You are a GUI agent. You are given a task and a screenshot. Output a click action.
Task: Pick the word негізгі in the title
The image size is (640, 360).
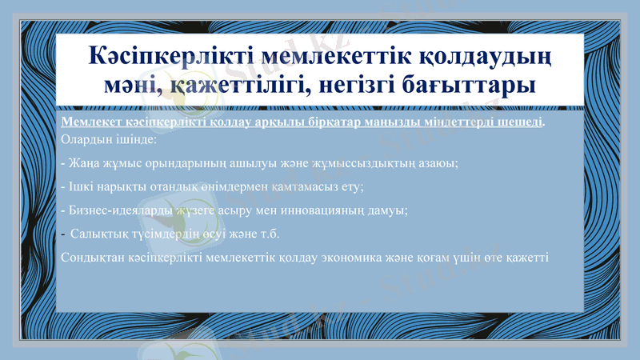358,84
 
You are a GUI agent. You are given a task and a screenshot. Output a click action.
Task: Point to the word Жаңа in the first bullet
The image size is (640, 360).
82,163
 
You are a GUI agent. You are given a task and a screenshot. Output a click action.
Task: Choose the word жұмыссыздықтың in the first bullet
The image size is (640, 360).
354,163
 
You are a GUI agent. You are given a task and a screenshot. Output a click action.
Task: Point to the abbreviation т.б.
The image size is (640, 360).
269,234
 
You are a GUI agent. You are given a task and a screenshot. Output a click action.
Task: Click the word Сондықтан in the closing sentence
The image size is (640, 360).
90,258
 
